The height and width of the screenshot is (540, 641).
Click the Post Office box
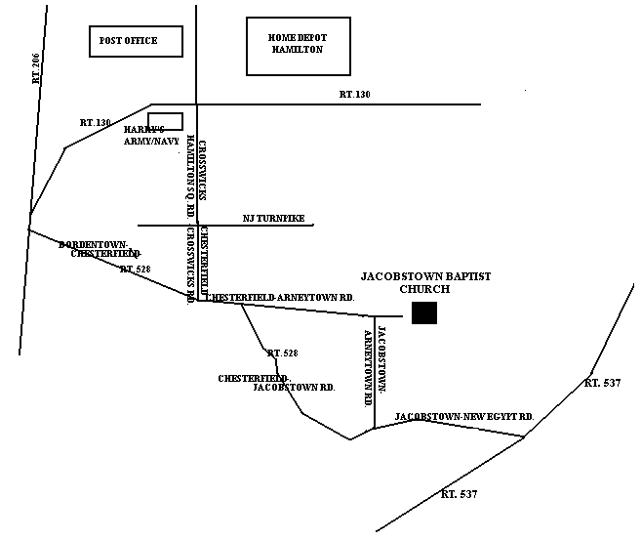pos(136,41)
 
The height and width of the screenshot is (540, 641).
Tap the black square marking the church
pos(423,312)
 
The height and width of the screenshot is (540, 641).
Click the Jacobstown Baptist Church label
pos(425,283)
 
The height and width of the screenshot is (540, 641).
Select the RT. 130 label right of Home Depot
pos(355,95)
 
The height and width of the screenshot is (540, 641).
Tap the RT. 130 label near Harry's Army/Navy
pos(96,123)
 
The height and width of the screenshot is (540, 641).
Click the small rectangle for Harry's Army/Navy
pos(165,121)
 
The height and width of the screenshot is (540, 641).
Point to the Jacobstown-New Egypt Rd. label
pos(463,417)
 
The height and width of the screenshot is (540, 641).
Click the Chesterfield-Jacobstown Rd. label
pos(278,383)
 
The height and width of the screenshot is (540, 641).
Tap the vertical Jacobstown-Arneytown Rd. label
pos(376,365)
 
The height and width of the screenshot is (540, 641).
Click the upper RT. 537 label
pos(602,383)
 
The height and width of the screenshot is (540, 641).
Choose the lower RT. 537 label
pos(460,495)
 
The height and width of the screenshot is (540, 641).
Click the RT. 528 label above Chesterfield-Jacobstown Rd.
pos(282,353)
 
